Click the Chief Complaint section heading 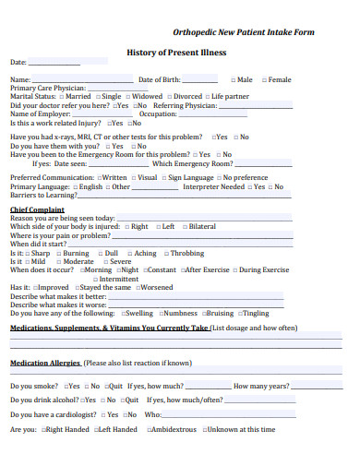pos(37,209)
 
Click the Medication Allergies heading pos(45,363)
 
